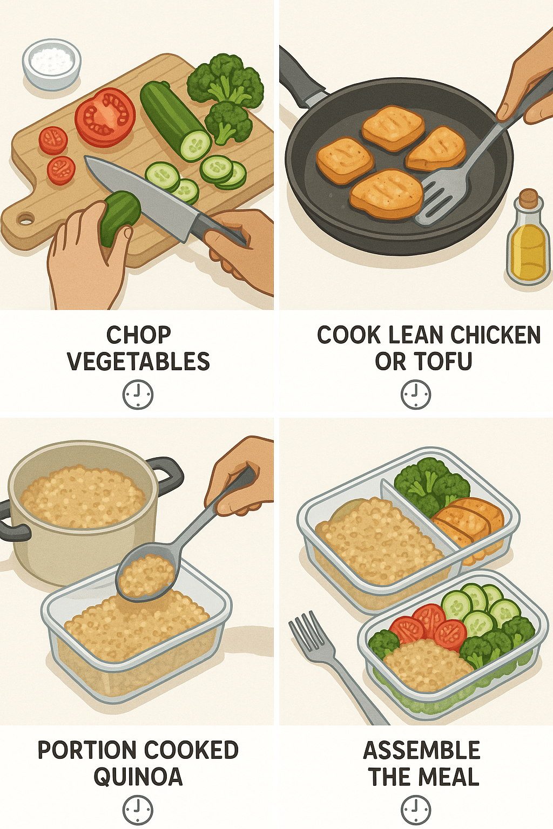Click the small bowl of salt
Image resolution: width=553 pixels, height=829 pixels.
pyautogui.click(x=51, y=64)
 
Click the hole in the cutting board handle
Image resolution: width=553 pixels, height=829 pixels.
pyautogui.click(x=25, y=219)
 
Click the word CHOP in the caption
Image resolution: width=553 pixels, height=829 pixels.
pyautogui.click(x=139, y=335)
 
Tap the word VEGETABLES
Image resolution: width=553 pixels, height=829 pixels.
pyautogui.click(x=139, y=362)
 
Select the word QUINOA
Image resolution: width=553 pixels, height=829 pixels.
pyautogui.click(x=138, y=777)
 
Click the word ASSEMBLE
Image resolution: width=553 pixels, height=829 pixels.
pyautogui.click(x=422, y=750)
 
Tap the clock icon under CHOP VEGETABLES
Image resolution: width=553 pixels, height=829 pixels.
pyautogui.click(x=138, y=394)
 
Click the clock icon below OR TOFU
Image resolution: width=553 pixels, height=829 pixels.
pyautogui.click(x=416, y=394)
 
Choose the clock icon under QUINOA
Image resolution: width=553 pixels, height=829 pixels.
pyautogui.click(x=138, y=810)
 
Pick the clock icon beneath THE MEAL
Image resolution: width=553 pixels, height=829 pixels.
pyautogui.click(x=416, y=810)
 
